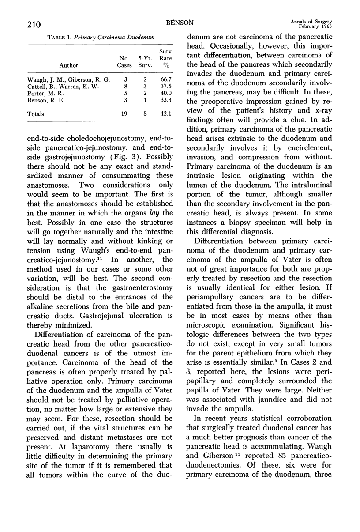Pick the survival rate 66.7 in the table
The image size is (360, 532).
pyautogui.click(x=166, y=79)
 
